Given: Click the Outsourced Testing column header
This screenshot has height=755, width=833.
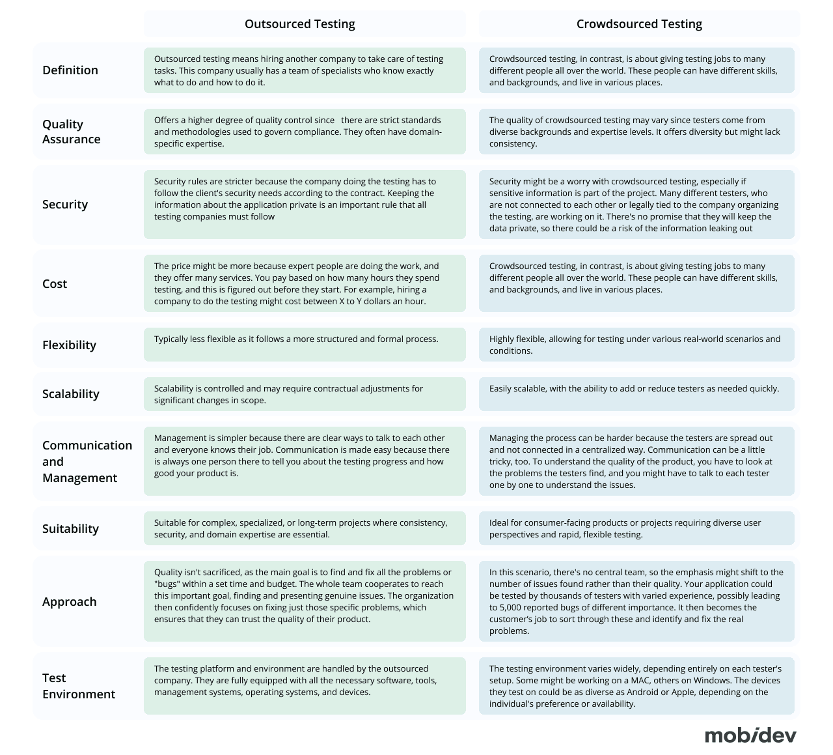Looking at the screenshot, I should click(x=299, y=24).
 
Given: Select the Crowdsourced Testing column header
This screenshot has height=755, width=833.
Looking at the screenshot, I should click(x=639, y=24).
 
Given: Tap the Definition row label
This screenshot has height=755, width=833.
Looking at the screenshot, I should click(x=70, y=70).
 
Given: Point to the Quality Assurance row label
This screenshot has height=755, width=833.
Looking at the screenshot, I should click(x=71, y=132).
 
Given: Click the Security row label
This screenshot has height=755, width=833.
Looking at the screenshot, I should click(x=65, y=205).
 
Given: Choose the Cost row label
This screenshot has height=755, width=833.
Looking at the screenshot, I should click(x=55, y=284).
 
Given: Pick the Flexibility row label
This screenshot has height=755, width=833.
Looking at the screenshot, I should click(x=69, y=345).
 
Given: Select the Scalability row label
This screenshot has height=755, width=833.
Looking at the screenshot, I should click(x=71, y=394).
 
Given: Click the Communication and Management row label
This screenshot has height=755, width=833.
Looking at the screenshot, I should click(x=87, y=461).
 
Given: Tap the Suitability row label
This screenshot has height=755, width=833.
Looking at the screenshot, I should click(x=70, y=529).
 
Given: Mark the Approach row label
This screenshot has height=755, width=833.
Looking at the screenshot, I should click(x=69, y=602).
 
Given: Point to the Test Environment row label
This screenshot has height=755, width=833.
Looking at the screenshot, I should click(x=79, y=686).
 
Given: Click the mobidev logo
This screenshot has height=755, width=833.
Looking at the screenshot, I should click(x=750, y=735).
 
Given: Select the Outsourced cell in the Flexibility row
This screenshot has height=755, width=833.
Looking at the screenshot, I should click(x=305, y=345).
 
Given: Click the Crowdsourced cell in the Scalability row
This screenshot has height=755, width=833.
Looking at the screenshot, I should click(x=636, y=394).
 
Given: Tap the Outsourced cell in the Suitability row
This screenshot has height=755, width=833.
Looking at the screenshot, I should click(x=305, y=528).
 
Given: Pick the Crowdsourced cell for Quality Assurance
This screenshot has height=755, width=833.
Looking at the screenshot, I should click(x=636, y=132).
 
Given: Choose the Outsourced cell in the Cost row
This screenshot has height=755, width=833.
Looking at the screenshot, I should click(x=305, y=283).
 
